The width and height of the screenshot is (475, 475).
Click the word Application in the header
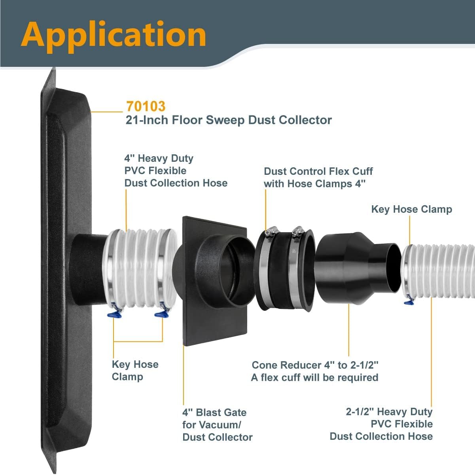[114, 35]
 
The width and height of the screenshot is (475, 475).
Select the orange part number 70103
[146, 106]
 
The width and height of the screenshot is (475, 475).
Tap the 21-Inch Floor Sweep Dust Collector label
[229, 120]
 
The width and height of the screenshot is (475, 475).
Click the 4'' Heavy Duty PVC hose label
[176, 170]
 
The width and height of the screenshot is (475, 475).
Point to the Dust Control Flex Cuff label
[318, 177]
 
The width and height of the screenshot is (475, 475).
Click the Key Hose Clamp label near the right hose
[411, 209]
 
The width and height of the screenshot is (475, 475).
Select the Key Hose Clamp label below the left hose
[135, 370]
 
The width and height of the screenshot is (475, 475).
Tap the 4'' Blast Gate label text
[217, 424]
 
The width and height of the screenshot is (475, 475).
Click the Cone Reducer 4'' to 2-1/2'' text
[315, 365]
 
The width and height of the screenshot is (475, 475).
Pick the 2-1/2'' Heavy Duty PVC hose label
[381, 424]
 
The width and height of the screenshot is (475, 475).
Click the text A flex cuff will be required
[314, 377]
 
